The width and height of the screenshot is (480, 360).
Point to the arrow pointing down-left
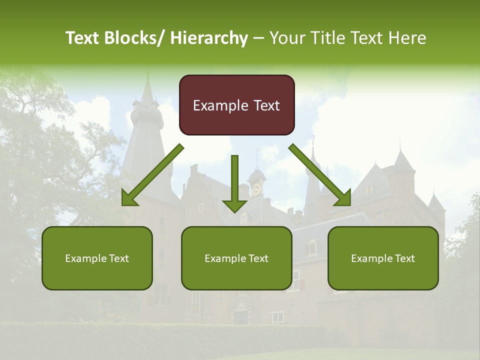152,175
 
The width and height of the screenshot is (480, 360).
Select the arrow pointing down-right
320,175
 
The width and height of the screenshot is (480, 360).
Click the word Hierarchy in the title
209,38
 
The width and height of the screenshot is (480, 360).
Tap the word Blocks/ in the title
132,38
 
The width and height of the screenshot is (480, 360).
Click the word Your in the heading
287,38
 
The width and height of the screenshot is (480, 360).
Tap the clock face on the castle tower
256,188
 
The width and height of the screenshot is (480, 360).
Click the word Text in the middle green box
258,258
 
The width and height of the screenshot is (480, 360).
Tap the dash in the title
258,38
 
